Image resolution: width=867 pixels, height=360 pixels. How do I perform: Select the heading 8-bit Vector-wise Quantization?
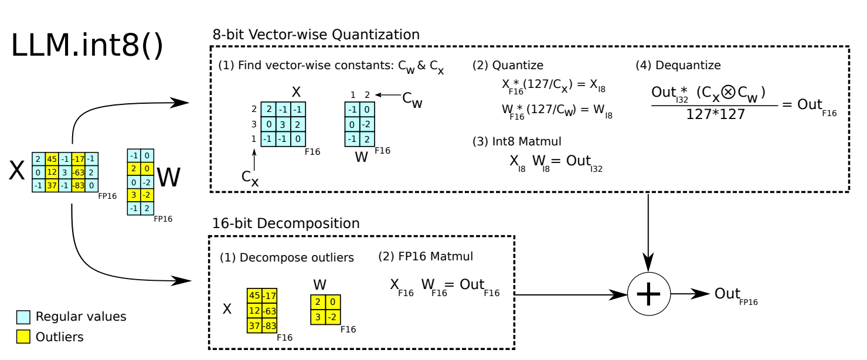tap(316, 35)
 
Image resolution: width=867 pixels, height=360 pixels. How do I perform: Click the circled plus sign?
tap(648, 294)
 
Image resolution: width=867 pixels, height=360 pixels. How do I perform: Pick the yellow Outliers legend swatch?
tap(23, 337)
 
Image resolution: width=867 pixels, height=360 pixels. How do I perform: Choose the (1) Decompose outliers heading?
tap(287, 257)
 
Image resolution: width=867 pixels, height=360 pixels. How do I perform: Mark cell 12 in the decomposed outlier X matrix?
tap(255, 310)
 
